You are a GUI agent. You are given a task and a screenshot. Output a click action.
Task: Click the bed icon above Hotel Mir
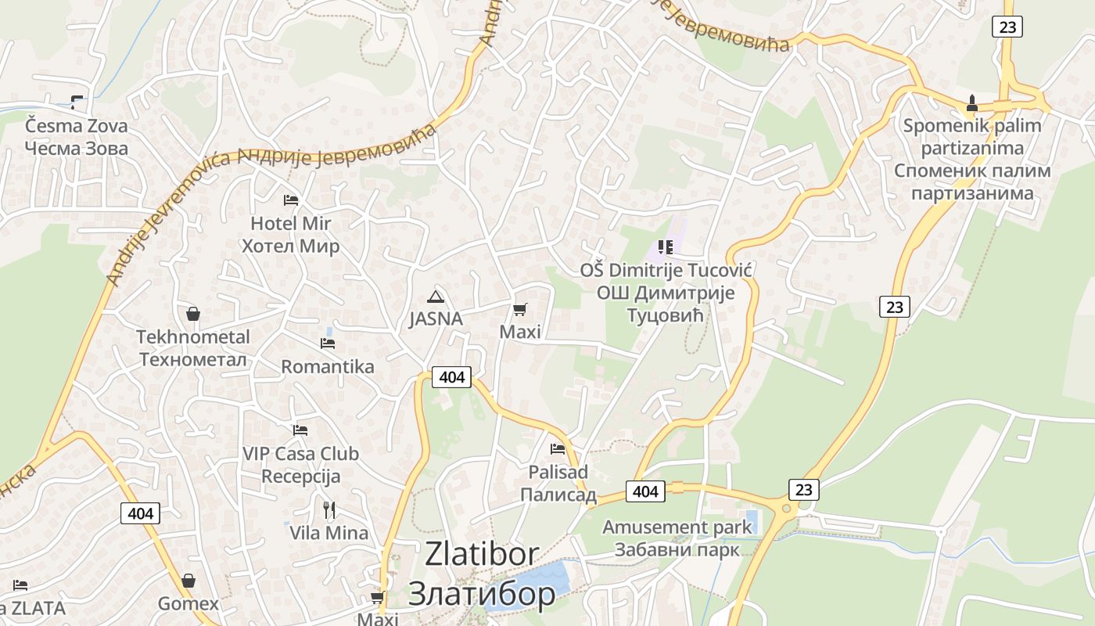click(291, 200)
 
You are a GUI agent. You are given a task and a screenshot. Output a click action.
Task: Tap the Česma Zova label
click(76, 126)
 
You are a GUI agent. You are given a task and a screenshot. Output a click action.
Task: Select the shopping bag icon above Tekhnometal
click(193, 314)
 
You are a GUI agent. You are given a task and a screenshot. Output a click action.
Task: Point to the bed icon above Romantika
click(328, 343)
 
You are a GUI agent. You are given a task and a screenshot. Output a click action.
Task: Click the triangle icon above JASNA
click(436, 297)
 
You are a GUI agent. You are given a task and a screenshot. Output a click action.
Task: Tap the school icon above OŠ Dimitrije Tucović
click(666, 247)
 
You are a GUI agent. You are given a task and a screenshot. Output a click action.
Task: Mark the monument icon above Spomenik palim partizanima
click(972, 103)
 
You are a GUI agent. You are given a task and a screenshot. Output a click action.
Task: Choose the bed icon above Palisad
click(558, 449)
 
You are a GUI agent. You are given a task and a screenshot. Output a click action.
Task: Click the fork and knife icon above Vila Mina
click(329, 510)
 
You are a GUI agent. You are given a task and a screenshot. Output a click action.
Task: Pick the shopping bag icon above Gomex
click(188, 581)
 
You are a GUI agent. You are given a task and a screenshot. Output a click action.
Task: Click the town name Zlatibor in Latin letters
click(482, 554)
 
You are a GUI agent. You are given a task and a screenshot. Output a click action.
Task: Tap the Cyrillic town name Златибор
click(482, 594)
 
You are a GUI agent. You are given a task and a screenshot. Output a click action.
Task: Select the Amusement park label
click(677, 527)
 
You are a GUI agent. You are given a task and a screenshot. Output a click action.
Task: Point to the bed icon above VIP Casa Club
click(300, 430)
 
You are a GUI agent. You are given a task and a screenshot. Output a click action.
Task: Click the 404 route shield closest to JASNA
click(452, 377)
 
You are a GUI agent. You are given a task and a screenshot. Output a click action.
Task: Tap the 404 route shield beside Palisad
click(645, 491)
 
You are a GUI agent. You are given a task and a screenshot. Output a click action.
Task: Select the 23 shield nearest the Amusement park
click(804, 490)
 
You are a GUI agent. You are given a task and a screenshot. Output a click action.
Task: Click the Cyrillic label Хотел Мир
click(290, 246)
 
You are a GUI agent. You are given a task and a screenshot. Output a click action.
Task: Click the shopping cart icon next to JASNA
click(520, 309)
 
